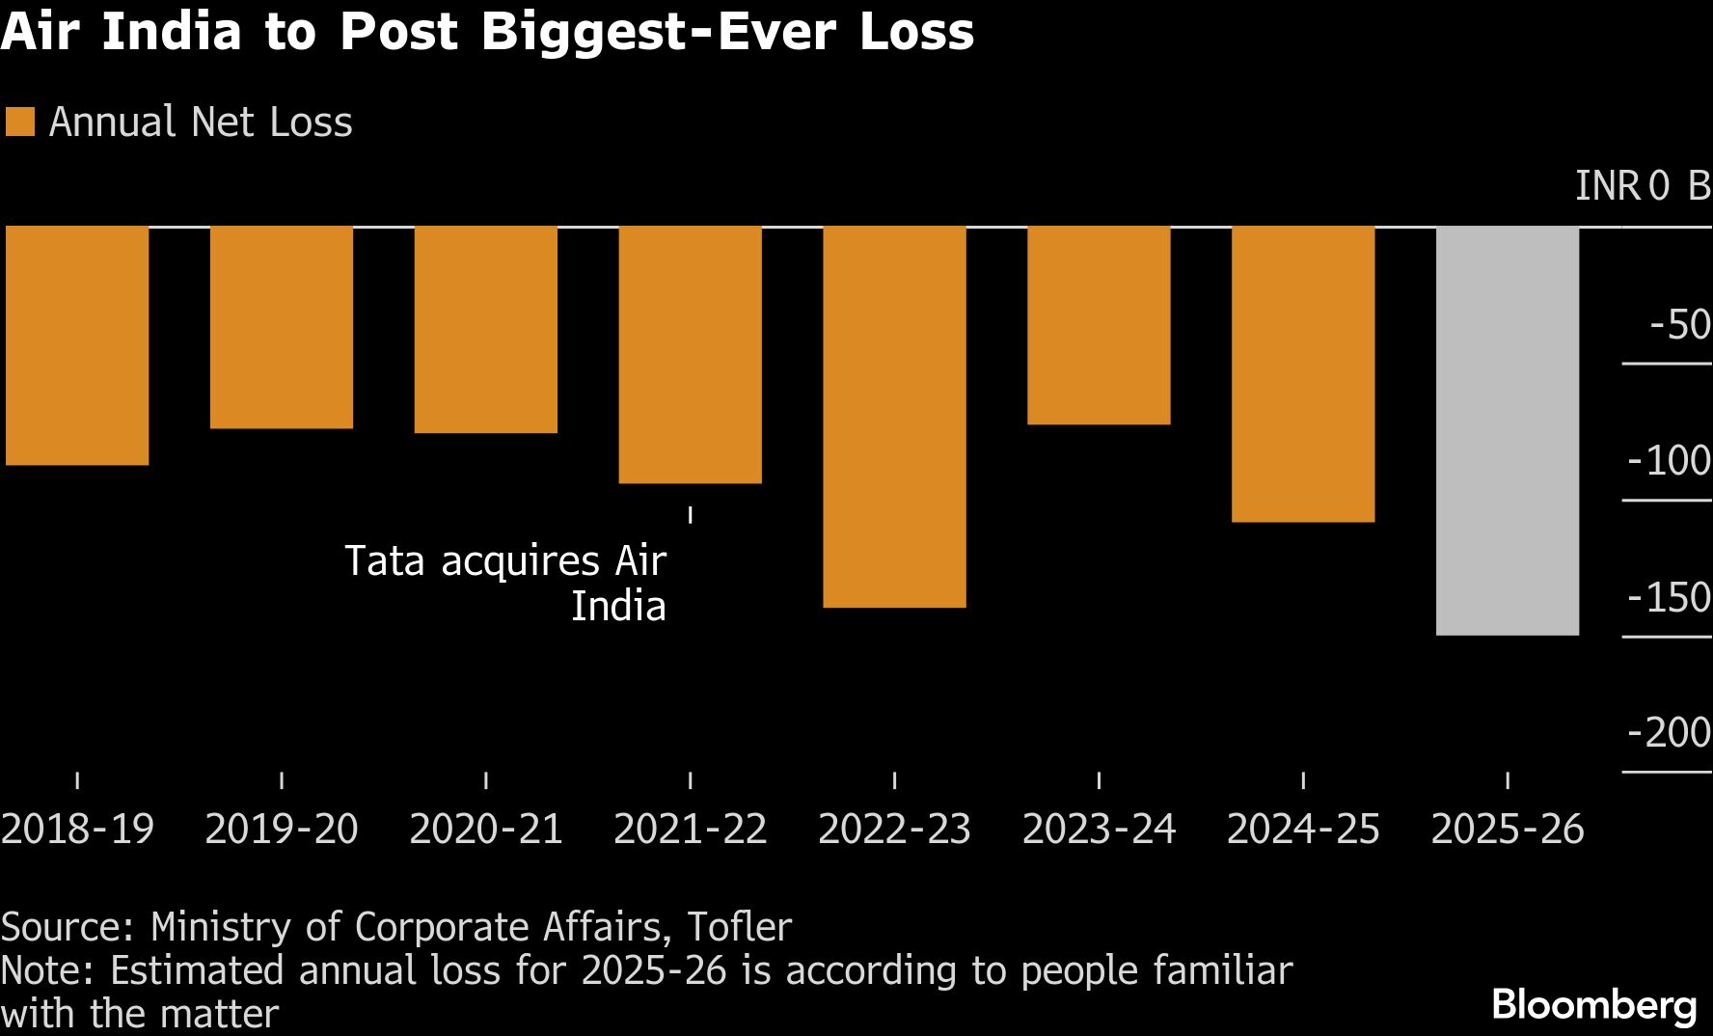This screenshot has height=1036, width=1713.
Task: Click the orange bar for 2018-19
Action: [x=77, y=345]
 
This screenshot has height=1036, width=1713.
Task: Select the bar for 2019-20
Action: [x=282, y=327]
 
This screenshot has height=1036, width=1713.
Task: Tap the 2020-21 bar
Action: [x=486, y=329]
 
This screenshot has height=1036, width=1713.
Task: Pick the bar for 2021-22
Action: [x=691, y=354]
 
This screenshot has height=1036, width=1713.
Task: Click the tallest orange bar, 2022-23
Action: [x=894, y=417]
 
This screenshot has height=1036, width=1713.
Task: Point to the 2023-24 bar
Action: [x=1099, y=325]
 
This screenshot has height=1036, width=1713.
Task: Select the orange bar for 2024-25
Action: [x=1303, y=374]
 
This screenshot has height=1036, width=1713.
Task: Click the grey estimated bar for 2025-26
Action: [x=1508, y=430]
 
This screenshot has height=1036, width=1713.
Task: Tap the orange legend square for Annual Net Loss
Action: [x=19, y=123]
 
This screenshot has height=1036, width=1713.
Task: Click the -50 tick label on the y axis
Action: [x=1679, y=325]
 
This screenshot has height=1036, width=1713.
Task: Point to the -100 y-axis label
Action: [x=1669, y=461]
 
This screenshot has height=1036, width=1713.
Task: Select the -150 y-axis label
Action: [x=1669, y=598]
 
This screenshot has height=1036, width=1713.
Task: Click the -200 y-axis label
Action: [x=1669, y=733]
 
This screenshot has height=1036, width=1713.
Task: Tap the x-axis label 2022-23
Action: [x=894, y=830]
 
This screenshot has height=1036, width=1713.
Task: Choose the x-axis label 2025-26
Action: [x=1508, y=830]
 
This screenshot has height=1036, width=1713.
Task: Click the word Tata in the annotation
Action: [x=384, y=561]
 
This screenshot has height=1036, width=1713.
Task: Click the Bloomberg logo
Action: [x=1594, y=1005]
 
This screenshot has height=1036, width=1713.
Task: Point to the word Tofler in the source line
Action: [x=739, y=927]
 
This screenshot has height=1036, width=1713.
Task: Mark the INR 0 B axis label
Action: [x=1643, y=186]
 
